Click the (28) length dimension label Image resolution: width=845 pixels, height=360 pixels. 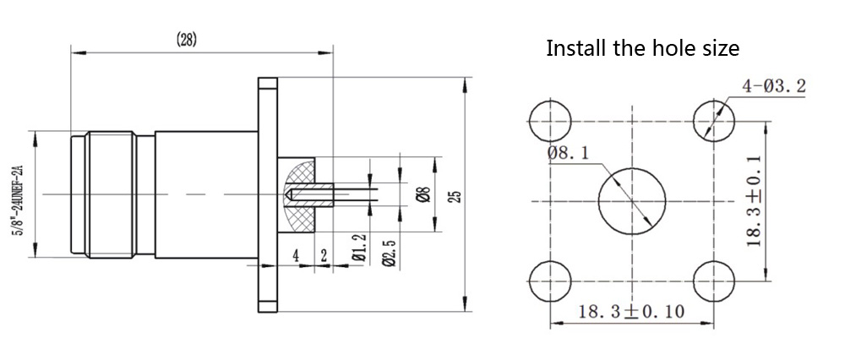(187, 41)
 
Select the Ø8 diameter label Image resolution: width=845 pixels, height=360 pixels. (424, 194)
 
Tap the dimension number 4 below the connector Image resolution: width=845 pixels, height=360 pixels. (297, 255)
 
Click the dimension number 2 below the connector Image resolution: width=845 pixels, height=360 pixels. (324, 255)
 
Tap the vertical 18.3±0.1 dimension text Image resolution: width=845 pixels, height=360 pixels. (755, 199)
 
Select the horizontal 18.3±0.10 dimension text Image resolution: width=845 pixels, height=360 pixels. (631, 311)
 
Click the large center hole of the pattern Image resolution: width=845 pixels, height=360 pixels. (630, 201)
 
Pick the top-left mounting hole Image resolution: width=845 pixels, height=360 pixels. (548, 120)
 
